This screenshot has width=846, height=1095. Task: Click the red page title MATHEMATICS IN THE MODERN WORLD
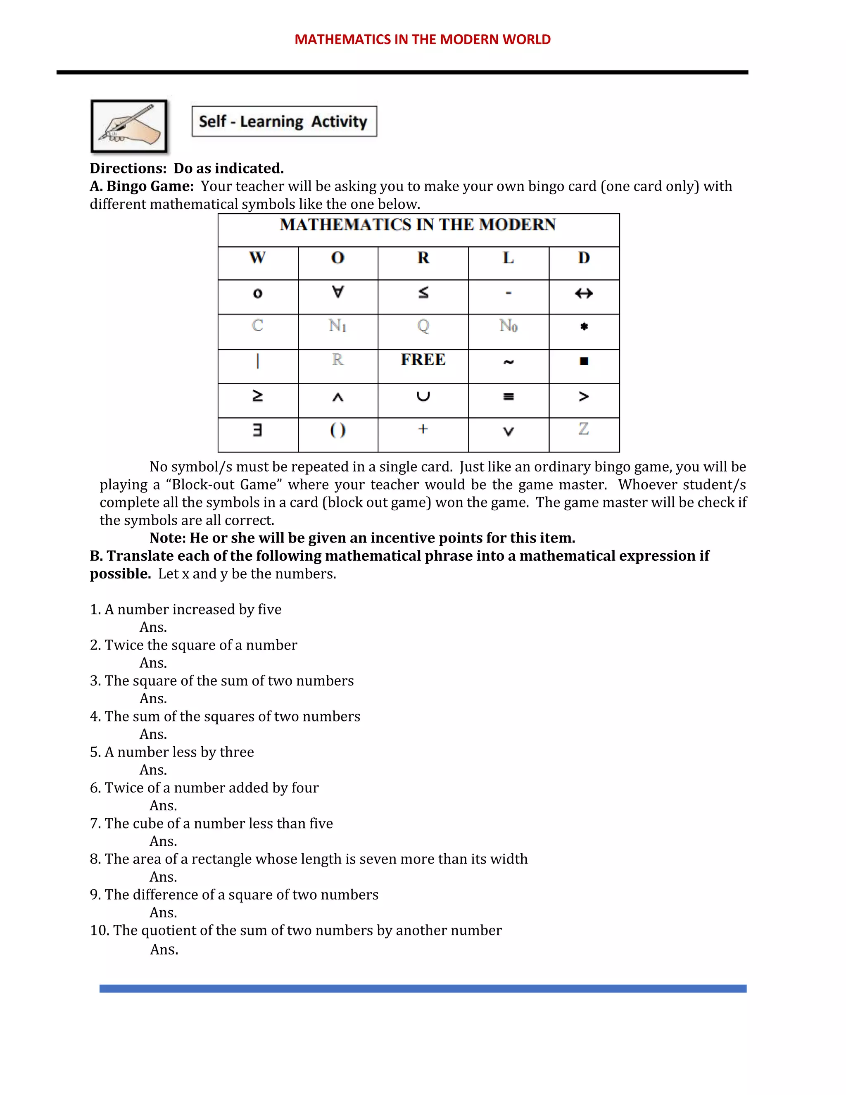423,39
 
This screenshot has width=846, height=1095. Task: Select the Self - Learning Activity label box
284,121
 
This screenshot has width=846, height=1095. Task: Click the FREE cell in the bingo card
423,360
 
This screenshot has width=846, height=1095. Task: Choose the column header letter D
584,258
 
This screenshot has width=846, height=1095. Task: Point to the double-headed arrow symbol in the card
584,293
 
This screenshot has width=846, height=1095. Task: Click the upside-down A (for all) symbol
338,292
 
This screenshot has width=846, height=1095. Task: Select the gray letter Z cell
583,429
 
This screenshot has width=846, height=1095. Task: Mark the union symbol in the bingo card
423,397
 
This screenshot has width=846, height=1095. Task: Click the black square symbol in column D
584,361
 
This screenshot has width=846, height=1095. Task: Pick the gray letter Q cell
423,326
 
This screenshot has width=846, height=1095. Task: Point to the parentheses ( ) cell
338,430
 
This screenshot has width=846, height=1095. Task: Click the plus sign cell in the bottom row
423,429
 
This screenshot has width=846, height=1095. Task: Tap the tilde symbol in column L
508,362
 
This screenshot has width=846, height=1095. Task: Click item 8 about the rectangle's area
309,859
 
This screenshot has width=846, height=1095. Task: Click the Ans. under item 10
164,950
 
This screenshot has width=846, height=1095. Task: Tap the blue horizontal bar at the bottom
423,988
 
